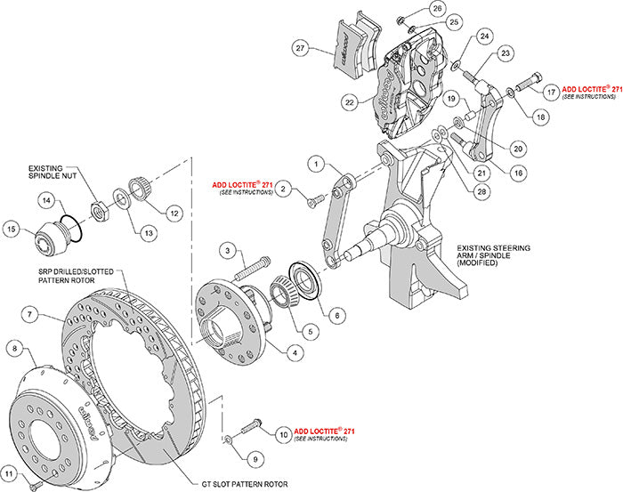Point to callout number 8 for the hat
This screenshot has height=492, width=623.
point(13,348)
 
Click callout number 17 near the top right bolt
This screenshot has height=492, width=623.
point(552,91)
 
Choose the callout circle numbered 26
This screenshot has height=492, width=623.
point(437,10)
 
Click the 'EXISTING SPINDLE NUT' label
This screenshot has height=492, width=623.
point(41,171)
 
